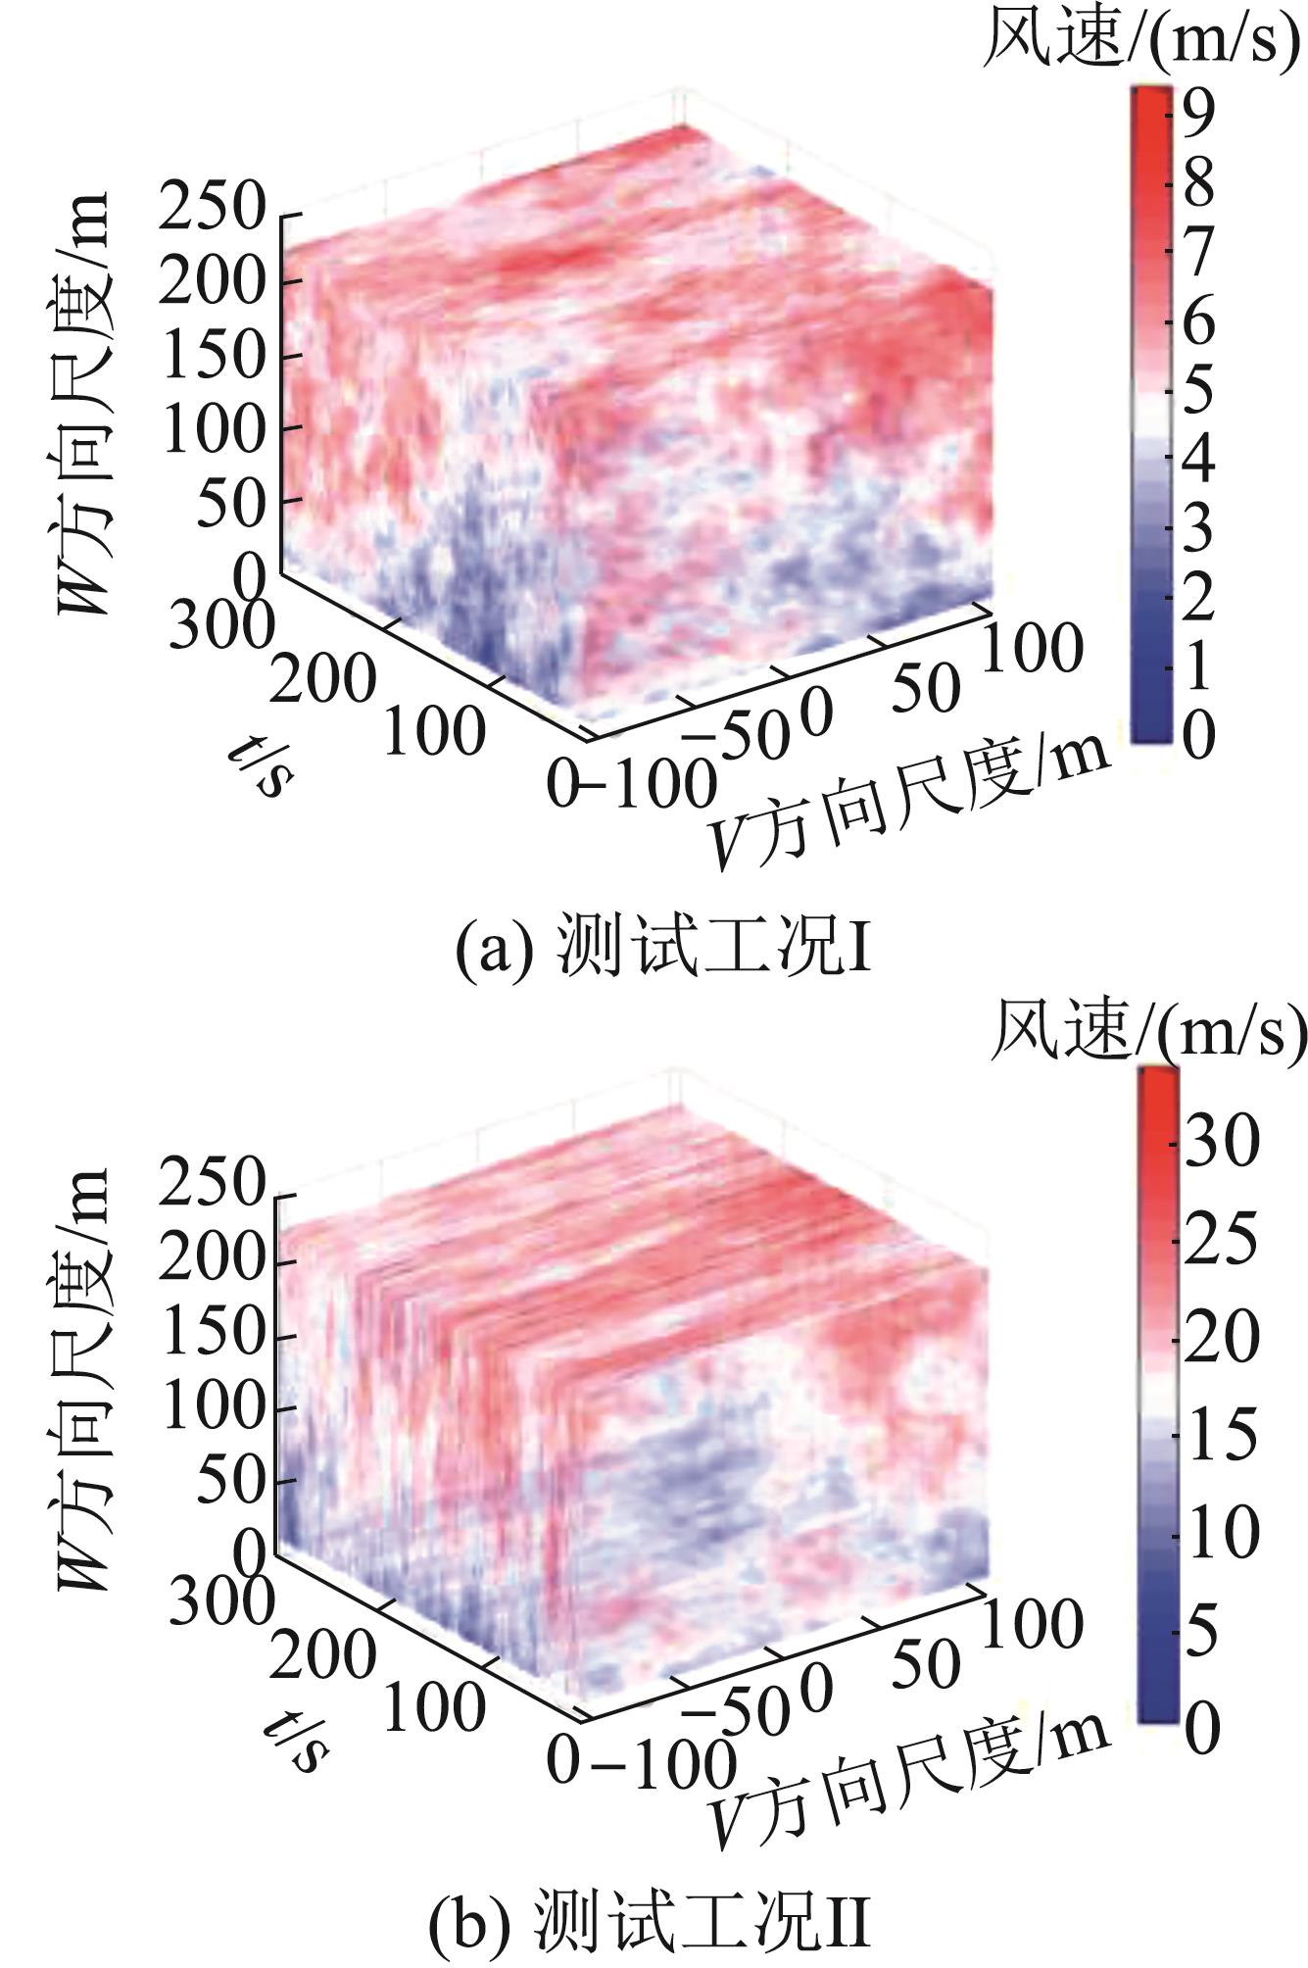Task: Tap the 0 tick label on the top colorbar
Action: (x=1198, y=735)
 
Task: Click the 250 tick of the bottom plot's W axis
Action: (x=213, y=1188)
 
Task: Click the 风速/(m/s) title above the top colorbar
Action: (x=1144, y=42)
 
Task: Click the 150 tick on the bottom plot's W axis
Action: (x=213, y=1335)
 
